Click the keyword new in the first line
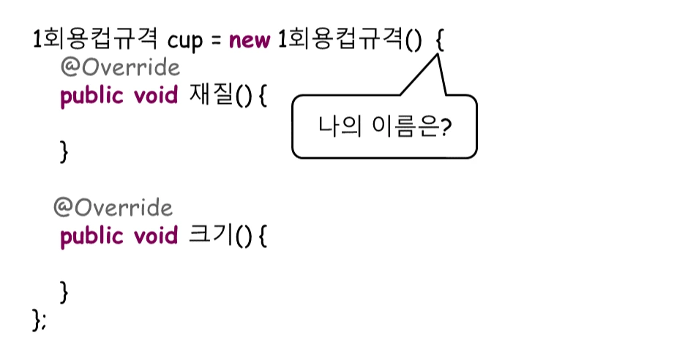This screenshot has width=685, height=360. click(250, 39)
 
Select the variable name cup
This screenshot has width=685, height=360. click(184, 40)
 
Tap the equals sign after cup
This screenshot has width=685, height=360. click(216, 40)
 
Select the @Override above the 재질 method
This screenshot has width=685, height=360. click(120, 68)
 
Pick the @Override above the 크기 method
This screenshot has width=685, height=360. click(113, 208)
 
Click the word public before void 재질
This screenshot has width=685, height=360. click(91, 97)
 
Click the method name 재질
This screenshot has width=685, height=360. click(209, 96)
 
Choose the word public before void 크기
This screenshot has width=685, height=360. click(91, 236)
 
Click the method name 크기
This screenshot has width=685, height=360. click(209, 236)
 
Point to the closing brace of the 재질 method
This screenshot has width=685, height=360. click(64, 152)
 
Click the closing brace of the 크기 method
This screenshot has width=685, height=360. click(64, 292)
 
